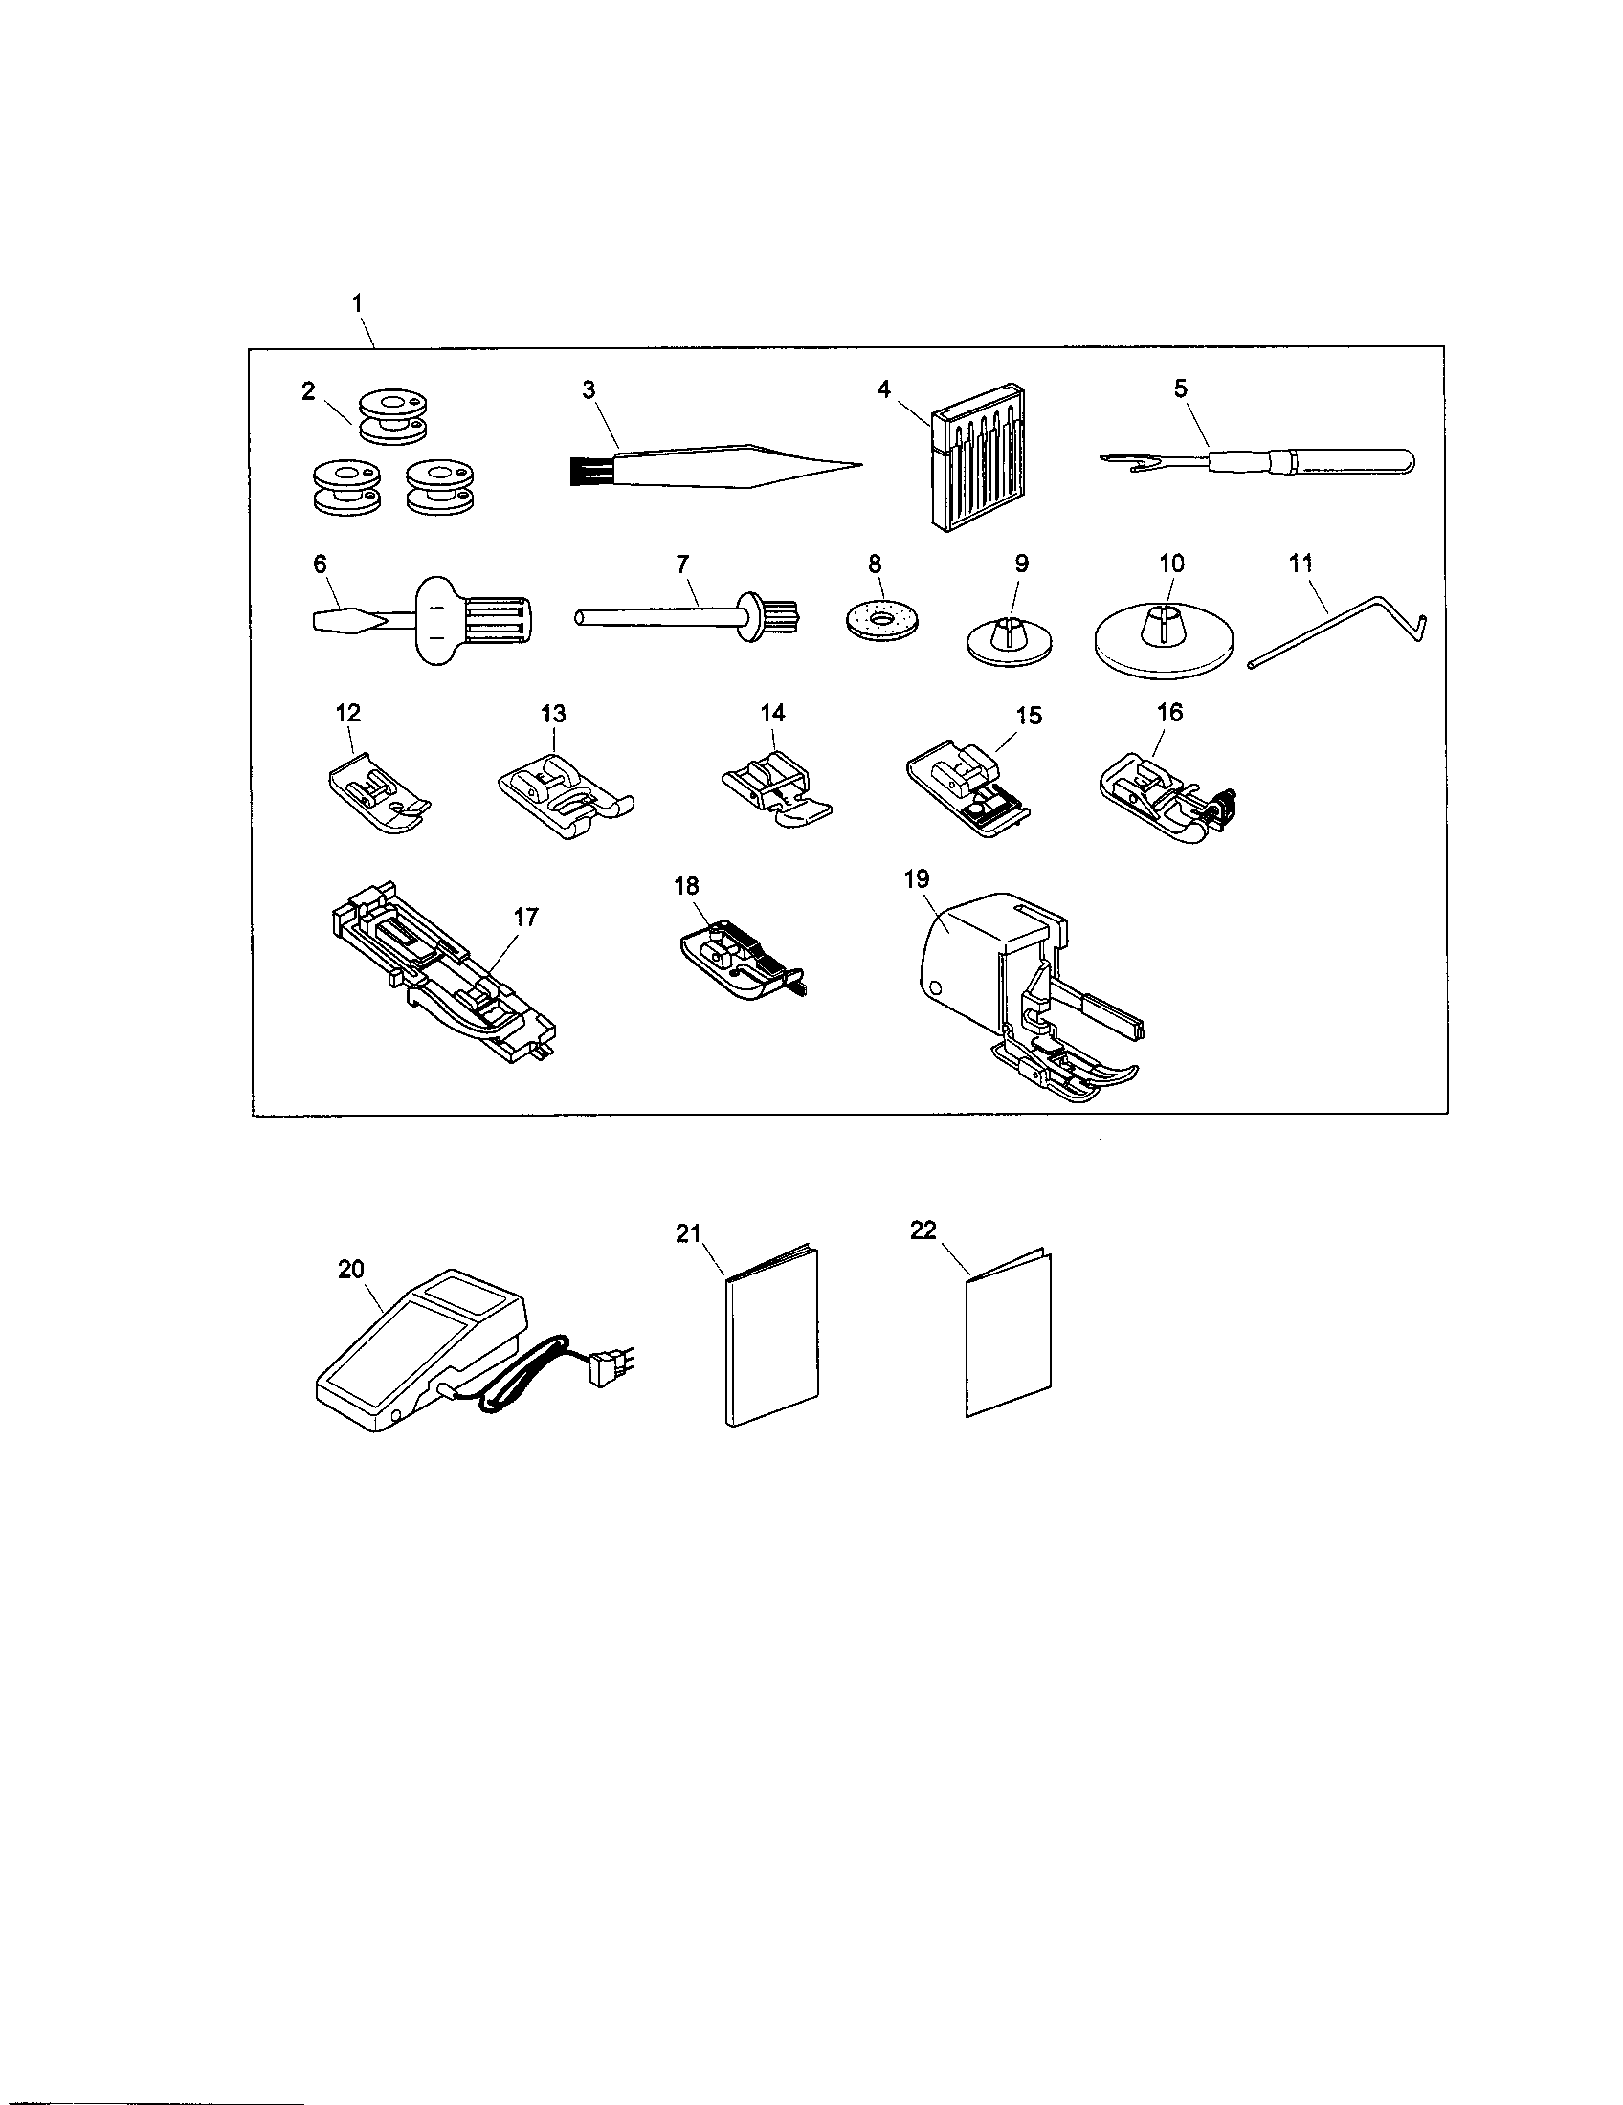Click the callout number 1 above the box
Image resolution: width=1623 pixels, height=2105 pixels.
(x=357, y=301)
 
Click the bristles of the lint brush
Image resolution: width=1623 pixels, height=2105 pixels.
(x=577, y=471)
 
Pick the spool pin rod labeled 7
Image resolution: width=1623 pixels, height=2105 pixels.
(x=656, y=617)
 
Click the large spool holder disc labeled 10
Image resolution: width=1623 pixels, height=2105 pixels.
(x=1167, y=646)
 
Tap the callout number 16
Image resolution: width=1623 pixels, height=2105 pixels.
(x=1169, y=713)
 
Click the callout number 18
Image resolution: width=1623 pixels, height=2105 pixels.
(x=686, y=886)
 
